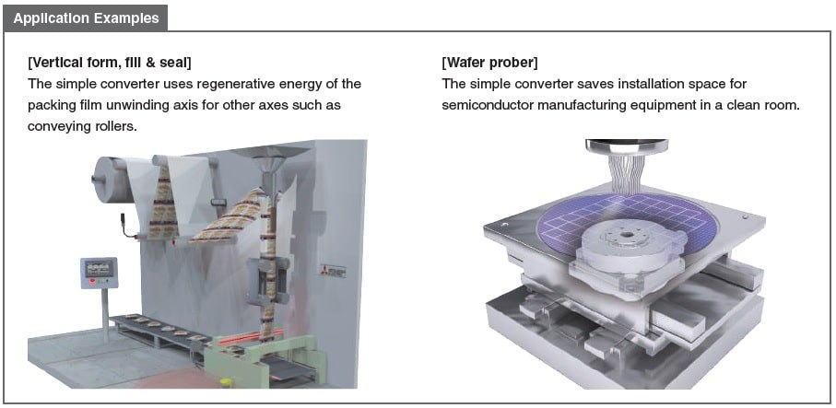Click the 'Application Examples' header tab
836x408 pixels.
pyautogui.click(x=86, y=18)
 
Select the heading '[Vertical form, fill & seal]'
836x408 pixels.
pyautogui.click(x=110, y=63)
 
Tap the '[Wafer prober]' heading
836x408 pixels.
pyautogui.click(x=489, y=63)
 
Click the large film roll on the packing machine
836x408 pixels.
pyautogui.click(x=111, y=180)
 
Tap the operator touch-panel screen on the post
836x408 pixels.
pyautogui.click(x=100, y=267)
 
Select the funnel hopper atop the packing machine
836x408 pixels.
pyautogui.click(x=270, y=159)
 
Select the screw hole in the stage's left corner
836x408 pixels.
pyautogui.click(x=504, y=225)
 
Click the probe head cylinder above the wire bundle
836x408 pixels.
pyautogui.click(x=627, y=146)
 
